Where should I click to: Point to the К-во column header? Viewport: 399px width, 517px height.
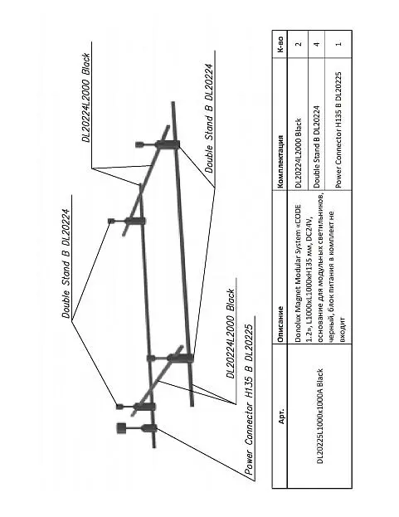click(x=280, y=45)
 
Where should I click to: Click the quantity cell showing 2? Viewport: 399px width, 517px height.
click(x=299, y=44)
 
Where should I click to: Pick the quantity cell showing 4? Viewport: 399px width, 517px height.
click(x=317, y=44)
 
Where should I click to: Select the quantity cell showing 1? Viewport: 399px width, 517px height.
click(x=338, y=44)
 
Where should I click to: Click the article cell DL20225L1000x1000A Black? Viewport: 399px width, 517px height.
click(x=319, y=416)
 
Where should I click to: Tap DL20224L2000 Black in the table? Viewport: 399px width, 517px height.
click(x=299, y=153)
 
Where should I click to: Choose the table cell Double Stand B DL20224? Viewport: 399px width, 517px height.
click(x=317, y=147)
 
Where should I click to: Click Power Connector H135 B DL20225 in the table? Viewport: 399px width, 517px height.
click(x=338, y=130)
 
